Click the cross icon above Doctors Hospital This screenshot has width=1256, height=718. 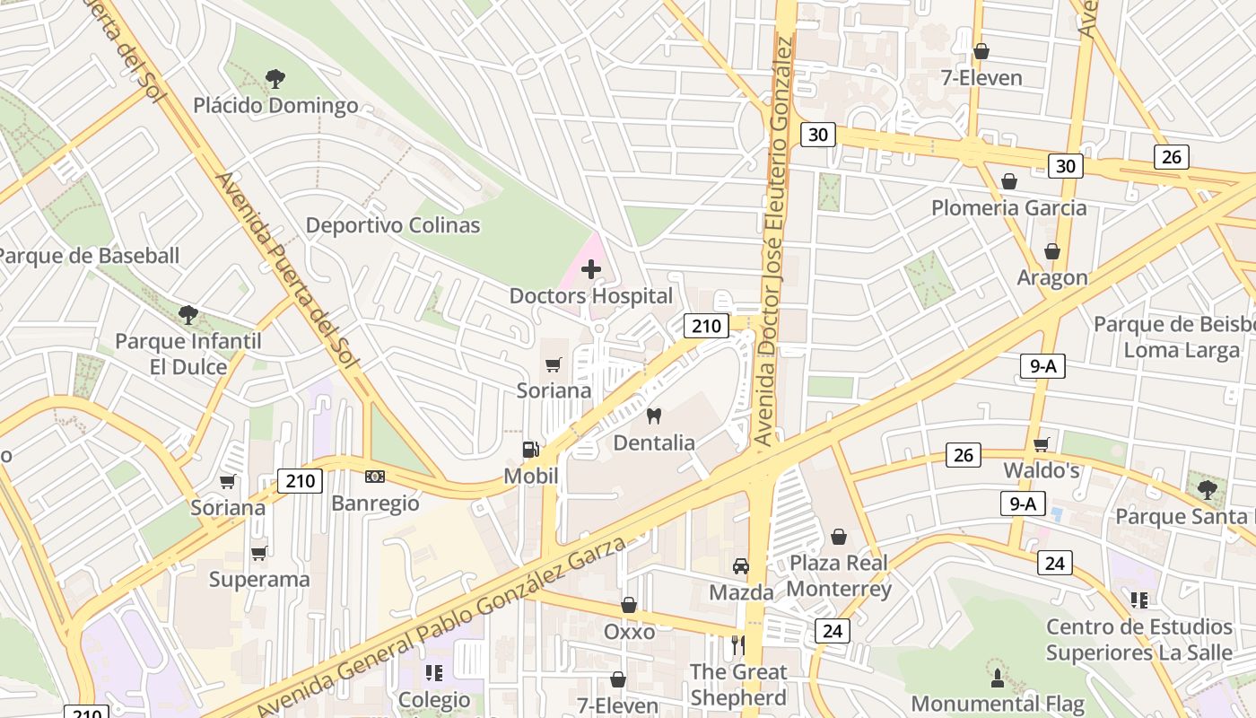[x=591, y=268]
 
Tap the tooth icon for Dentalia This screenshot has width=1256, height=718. [x=654, y=416]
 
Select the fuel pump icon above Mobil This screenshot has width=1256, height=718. [x=531, y=449]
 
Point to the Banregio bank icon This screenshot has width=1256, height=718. [x=375, y=477]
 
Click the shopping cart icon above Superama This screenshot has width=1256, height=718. [x=259, y=553]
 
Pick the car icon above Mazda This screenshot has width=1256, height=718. [x=741, y=565]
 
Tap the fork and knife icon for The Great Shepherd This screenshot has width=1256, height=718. [x=737, y=644]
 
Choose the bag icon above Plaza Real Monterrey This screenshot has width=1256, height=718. [x=839, y=536]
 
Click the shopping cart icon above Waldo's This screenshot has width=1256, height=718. [x=1041, y=444]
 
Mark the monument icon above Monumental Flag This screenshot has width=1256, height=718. [x=997, y=676]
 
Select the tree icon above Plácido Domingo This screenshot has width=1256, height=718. [x=275, y=78]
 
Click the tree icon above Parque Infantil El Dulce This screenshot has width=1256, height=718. [x=188, y=314]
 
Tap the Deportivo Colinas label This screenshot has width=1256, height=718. [x=393, y=225]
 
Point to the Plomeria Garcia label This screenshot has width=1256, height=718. [x=1008, y=208]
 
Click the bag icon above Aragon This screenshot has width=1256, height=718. [x=1051, y=251]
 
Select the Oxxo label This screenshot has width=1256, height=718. [x=629, y=632]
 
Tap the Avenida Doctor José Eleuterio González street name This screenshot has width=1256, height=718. [x=775, y=242]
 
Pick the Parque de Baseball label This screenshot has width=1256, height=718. [x=88, y=256]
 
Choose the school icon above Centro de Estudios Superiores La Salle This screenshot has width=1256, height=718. [x=1139, y=600]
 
